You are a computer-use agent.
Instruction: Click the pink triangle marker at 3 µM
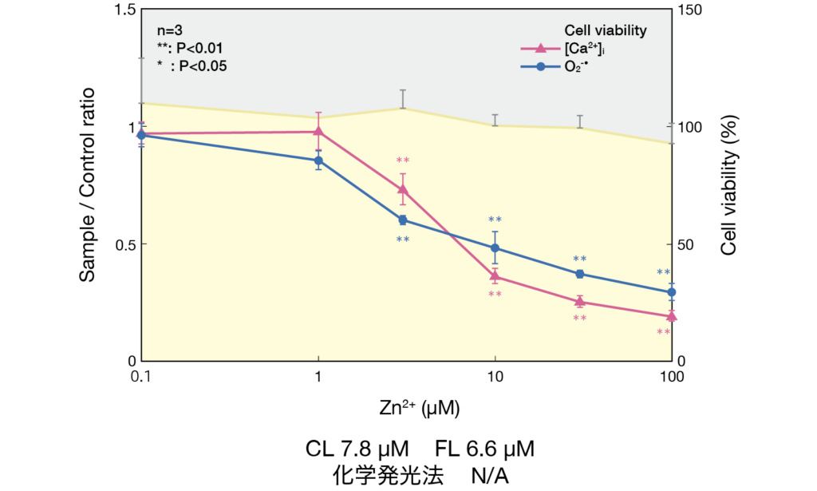pyautogui.click(x=402, y=189)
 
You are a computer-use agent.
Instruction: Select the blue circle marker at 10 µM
pyautogui.click(x=495, y=247)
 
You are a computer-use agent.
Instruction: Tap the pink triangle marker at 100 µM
pyautogui.click(x=672, y=316)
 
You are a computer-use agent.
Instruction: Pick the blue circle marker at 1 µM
pyautogui.click(x=318, y=160)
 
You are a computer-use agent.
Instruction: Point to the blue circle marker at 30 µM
pyautogui.click(x=580, y=274)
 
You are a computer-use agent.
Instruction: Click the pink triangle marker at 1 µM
pyautogui.click(x=318, y=131)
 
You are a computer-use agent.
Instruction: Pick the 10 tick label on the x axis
pyautogui.click(x=495, y=377)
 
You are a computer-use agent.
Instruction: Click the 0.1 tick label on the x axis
pyautogui.click(x=141, y=377)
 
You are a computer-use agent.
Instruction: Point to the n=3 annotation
pyautogui.click(x=170, y=31)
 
